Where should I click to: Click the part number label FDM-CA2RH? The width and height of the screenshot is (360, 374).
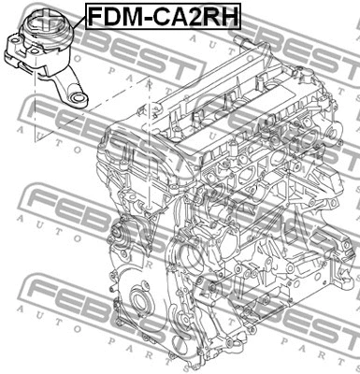163,16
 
